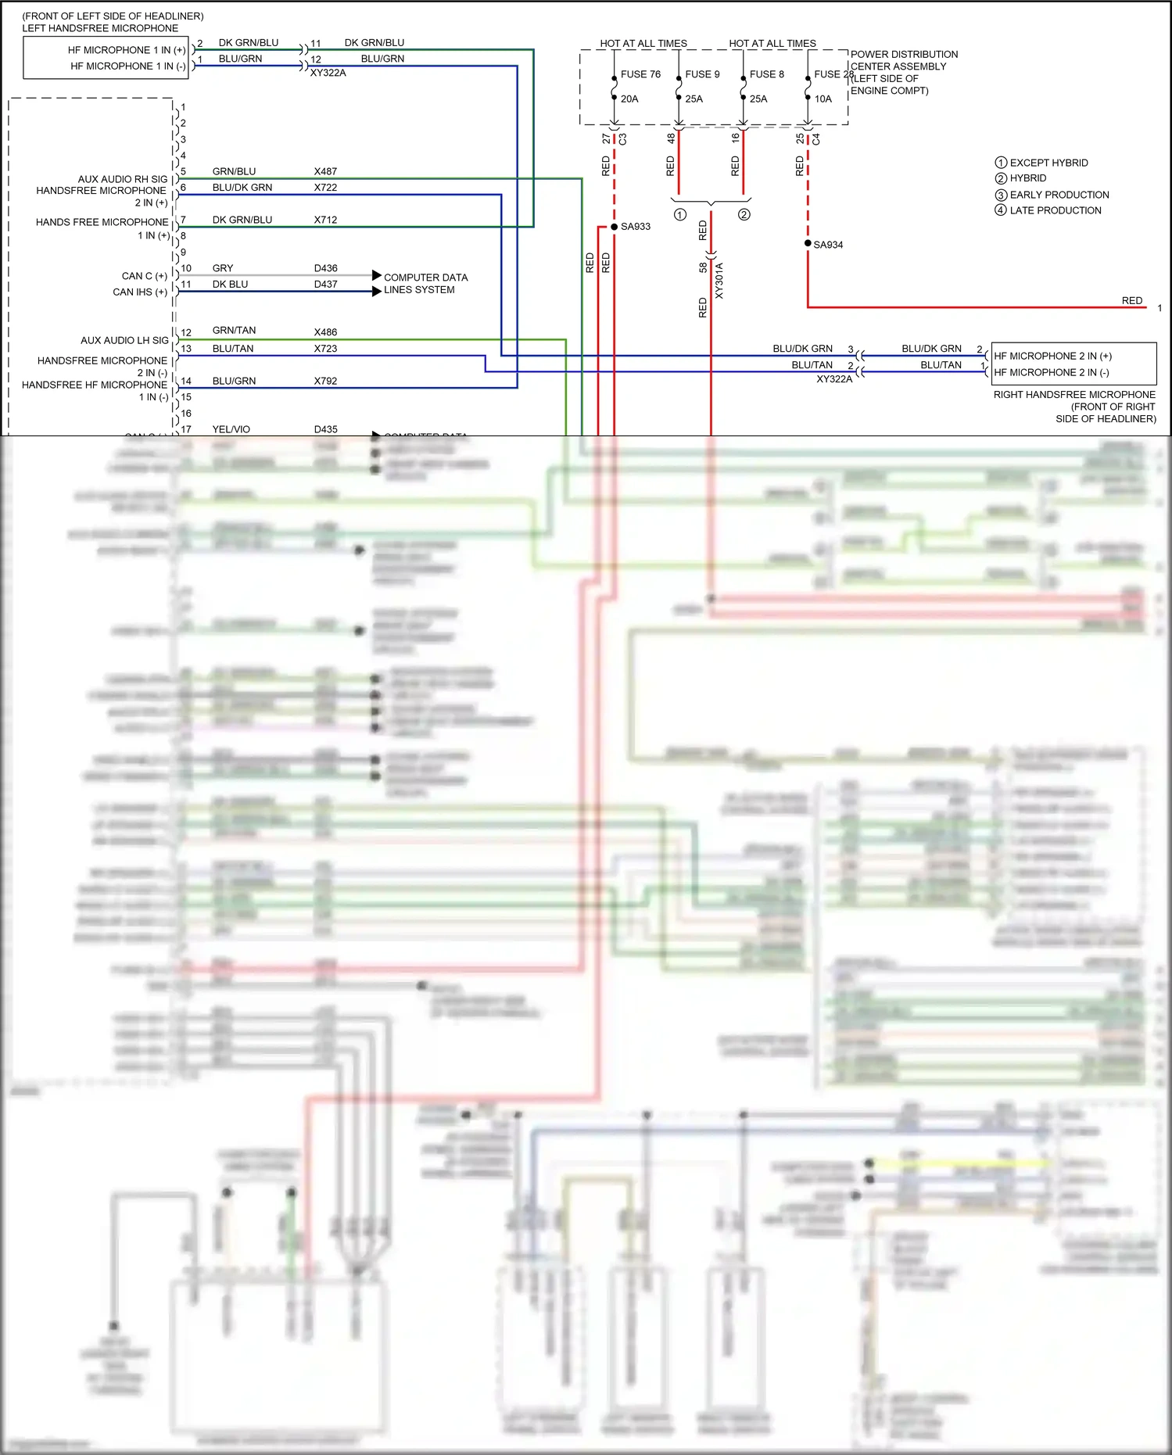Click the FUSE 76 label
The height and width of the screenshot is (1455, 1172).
(640, 74)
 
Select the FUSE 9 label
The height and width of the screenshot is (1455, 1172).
(702, 74)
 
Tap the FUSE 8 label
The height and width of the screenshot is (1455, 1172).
(766, 74)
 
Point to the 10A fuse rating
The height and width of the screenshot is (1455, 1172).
(823, 99)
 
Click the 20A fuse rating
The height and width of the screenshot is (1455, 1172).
(629, 99)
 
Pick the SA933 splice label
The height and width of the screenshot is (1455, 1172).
(636, 227)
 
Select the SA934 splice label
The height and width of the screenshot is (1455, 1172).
(828, 245)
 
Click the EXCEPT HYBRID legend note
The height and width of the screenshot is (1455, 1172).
(1048, 163)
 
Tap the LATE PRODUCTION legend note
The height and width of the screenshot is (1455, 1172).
(1055, 210)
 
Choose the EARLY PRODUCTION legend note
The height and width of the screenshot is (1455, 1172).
(1059, 195)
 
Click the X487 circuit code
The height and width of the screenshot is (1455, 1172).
(325, 171)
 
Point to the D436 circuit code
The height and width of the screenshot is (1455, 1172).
(325, 268)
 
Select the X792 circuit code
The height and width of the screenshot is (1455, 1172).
(325, 381)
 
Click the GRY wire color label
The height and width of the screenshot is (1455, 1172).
(223, 268)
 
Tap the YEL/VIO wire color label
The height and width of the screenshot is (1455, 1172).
(231, 429)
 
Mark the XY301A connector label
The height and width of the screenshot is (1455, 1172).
(719, 281)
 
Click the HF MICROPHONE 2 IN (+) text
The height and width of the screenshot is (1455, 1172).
(1052, 356)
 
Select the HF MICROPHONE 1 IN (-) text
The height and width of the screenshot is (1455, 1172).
(128, 66)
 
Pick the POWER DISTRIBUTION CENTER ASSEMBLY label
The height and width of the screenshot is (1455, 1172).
(903, 60)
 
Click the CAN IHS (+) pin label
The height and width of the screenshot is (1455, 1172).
(140, 292)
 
